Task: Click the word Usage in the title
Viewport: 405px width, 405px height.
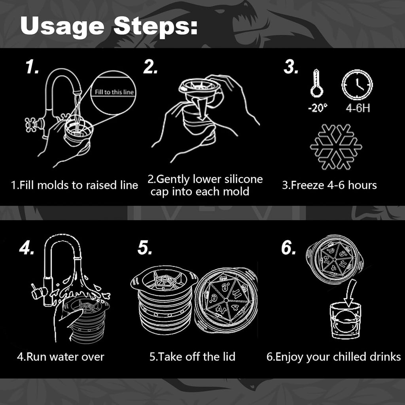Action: click(62, 26)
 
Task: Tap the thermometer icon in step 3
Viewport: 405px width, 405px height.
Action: click(317, 83)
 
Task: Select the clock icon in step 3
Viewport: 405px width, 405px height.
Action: click(357, 84)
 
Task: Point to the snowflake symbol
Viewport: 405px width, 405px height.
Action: click(336, 147)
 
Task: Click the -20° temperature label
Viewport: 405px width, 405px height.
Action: click(318, 108)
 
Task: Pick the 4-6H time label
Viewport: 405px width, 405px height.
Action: click(358, 108)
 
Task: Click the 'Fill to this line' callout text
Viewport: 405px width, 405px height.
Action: click(114, 92)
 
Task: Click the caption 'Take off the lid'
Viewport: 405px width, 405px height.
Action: click(196, 357)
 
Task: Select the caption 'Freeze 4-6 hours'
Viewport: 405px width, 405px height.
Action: click(334, 185)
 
